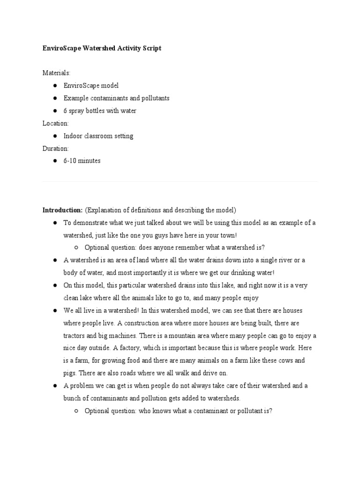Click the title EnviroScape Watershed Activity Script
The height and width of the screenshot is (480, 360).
[102, 48]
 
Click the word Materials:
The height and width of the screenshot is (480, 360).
[56, 73]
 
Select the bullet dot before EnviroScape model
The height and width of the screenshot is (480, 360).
[55, 86]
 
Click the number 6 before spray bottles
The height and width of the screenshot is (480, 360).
[66, 111]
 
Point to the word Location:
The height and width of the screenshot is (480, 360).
[55, 123]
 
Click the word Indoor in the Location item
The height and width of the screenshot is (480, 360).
[73, 136]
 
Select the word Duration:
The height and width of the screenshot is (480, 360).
[55, 149]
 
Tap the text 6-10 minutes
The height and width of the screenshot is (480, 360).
[82, 161]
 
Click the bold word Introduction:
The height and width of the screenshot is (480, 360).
[62, 210]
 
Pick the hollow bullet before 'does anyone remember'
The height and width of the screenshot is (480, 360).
[76, 247]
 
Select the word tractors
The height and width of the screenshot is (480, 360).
[74, 336]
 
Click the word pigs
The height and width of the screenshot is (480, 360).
[69, 373]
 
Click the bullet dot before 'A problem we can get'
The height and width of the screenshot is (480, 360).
[55, 386]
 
